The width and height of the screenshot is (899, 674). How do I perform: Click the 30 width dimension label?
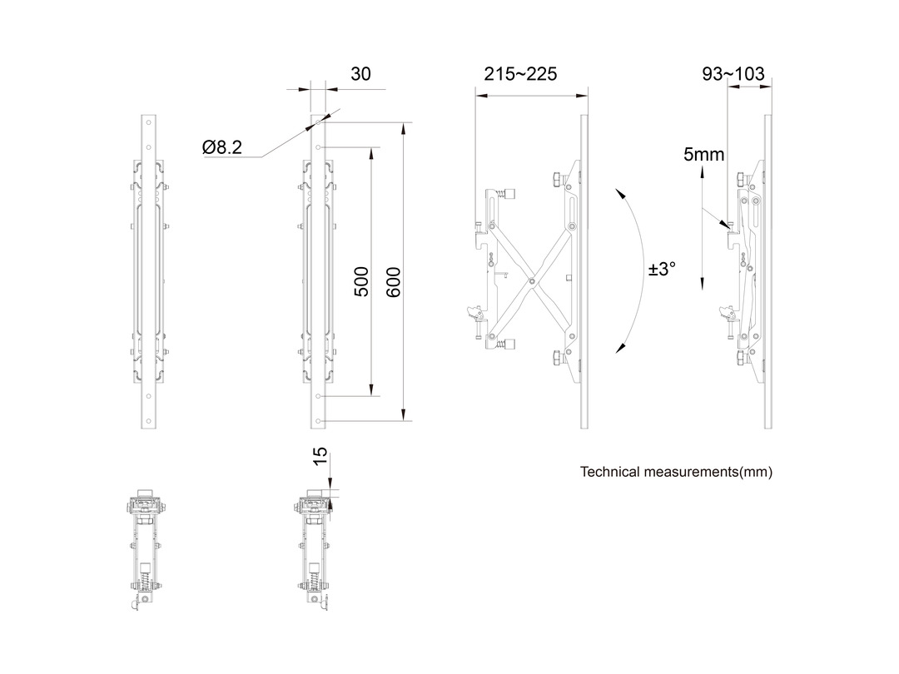point(360,74)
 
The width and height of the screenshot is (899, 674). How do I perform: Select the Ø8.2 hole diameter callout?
point(222,147)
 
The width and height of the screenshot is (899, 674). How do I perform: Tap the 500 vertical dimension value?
point(362,282)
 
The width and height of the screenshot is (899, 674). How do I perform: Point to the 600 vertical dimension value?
point(394,283)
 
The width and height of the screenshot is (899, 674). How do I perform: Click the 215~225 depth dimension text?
point(520,74)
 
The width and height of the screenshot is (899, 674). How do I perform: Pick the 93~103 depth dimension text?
point(733,74)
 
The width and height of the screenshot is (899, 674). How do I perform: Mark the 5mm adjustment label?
point(704,154)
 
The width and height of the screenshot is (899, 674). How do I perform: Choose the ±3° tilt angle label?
point(663,270)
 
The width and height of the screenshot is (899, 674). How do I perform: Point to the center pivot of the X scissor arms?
point(530,281)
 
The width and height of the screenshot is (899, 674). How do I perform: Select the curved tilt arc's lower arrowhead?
point(619,349)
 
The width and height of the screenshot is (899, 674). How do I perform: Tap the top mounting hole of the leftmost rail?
point(148,130)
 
